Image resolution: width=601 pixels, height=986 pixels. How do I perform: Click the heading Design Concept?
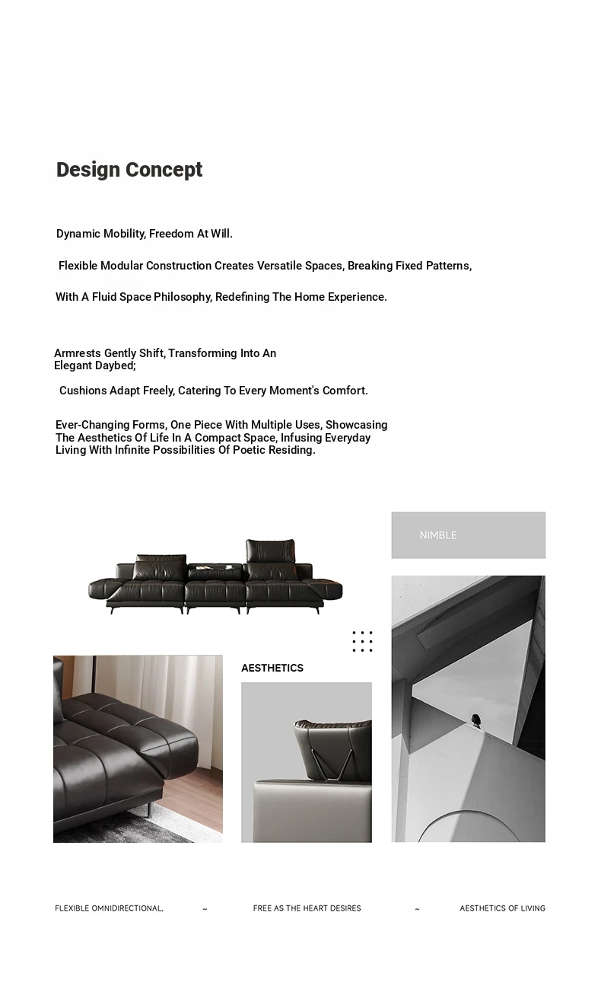(x=129, y=170)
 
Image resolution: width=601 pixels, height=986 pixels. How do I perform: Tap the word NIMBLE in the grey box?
(x=438, y=535)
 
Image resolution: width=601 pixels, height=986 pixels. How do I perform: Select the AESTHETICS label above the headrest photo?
(x=272, y=668)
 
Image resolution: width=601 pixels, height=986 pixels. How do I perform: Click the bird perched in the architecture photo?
(x=477, y=720)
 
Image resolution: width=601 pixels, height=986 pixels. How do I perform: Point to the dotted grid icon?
(x=362, y=641)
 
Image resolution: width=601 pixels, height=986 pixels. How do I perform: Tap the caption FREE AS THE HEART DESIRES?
(x=307, y=908)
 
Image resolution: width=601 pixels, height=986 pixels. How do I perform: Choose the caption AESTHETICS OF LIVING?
(x=502, y=908)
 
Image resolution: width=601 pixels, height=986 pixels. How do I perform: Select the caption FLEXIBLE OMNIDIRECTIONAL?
(x=109, y=908)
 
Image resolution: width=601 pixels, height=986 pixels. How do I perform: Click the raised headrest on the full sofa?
(x=270, y=550)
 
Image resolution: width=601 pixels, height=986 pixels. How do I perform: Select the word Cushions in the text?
(x=83, y=391)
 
